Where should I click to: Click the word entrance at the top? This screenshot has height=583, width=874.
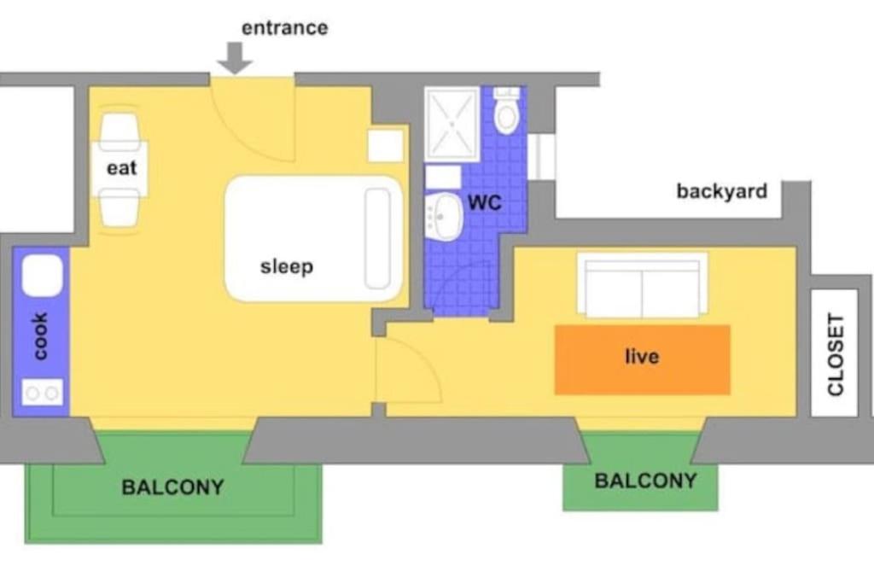click(284, 28)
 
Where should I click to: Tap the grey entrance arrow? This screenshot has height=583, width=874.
click(235, 58)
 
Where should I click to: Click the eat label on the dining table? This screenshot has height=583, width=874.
click(121, 168)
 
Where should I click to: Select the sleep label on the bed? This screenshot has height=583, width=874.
click(287, 266)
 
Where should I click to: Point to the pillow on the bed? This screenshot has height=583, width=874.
click(377, 238)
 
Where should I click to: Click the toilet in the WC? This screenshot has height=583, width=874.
click(507, 110)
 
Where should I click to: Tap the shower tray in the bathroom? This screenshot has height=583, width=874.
click(452, 124)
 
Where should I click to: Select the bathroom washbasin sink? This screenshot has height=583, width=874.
click(444, 217)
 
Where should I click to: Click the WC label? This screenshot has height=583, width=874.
click(485, 202)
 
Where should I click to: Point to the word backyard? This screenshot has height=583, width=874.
click(722, 191)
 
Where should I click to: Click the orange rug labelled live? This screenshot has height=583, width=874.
click(642, 359)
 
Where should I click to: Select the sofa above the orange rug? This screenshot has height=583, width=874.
click(642, 285)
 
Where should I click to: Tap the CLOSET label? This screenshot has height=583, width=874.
click(836, 354)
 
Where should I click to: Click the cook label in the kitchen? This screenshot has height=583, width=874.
click(40, 336)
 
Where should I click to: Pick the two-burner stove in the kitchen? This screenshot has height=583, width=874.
click(43, 393)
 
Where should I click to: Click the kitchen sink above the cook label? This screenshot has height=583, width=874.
click(43, 276)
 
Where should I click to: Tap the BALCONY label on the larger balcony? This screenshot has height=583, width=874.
click(172, 487)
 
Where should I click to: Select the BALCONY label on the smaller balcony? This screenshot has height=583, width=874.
click(645, 481)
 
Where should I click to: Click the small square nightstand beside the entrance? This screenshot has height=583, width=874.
click(386, 146)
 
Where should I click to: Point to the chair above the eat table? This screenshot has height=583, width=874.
click(119, 131)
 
